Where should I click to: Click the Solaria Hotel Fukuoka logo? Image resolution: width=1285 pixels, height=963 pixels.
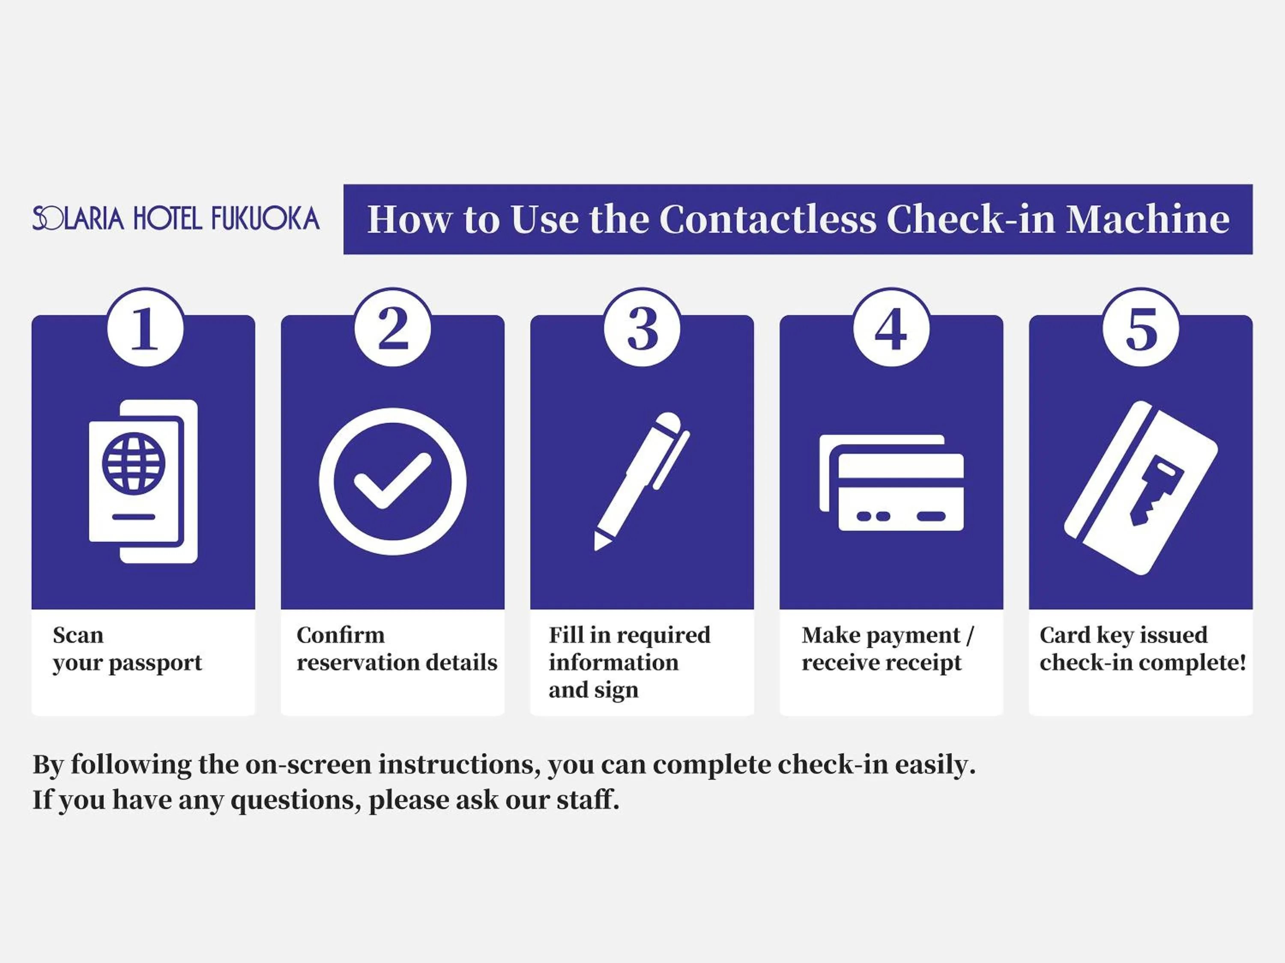pos(176,218)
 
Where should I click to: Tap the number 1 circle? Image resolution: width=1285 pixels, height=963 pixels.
pos(145,328)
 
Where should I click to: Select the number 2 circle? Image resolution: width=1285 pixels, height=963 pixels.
pos(393,328)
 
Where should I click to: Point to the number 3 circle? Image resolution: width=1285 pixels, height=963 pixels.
pos(642,328)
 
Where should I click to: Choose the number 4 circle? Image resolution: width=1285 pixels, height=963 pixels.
pos(891,328)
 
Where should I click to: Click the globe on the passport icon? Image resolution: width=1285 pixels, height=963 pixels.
pos(134,463)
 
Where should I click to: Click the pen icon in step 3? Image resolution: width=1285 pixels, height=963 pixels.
pos(641,481)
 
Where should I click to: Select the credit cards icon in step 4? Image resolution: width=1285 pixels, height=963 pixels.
pos(891,482)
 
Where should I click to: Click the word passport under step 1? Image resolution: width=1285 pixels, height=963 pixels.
pos(155,663)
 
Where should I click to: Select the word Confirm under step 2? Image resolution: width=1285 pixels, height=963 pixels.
pos(341,635)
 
